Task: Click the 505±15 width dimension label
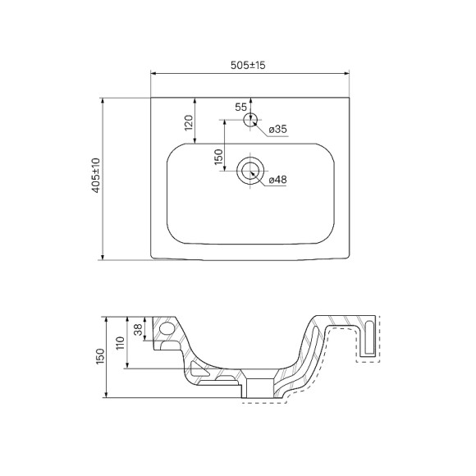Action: [249, 65]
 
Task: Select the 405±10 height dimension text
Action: [95, 176]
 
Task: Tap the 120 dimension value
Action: [189, 122]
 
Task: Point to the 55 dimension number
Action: [240, 108]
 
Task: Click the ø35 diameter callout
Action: [277, 130]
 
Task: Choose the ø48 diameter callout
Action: [277, 181]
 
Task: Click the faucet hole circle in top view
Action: [251, 118]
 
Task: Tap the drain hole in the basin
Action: [250, 171]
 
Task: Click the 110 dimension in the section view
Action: [120, 342]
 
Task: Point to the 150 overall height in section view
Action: [100, 356]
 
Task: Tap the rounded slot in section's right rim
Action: [374, 336]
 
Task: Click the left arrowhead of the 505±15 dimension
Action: [153, 74]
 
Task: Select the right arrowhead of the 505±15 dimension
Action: [348, 74]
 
